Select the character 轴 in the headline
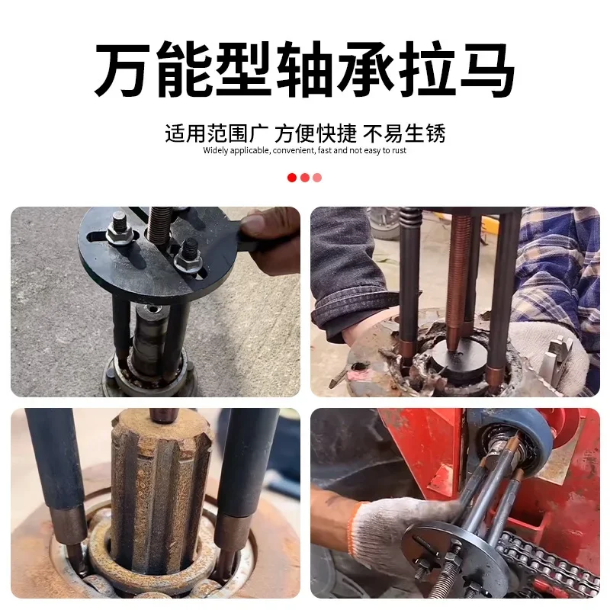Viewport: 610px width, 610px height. click(305, 71)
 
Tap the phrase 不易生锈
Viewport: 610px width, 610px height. click(404, 133)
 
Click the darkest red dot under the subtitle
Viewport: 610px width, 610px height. click(292, 178)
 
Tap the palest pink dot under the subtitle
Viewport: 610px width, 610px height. click(317, 178)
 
